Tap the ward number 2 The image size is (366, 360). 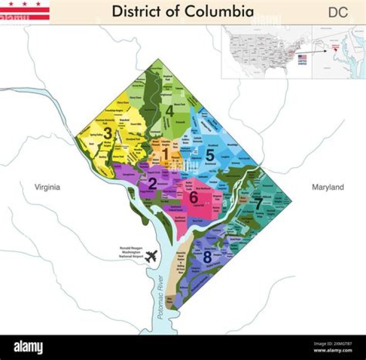point(152,183)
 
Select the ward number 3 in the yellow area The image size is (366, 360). point(108,133)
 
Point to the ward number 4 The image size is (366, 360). point(170,110)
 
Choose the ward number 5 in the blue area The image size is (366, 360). point(209,155)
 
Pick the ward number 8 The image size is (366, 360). point(207,257)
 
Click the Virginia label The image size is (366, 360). point(47,187)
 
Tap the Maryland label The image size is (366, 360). point(328,187)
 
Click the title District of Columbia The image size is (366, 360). point(182,12)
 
